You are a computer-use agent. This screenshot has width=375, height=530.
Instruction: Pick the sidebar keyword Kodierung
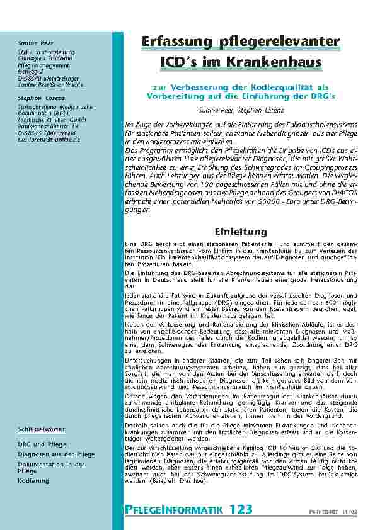click(33, 481)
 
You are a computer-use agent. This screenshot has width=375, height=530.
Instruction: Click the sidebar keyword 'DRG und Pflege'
click(42, 444)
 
